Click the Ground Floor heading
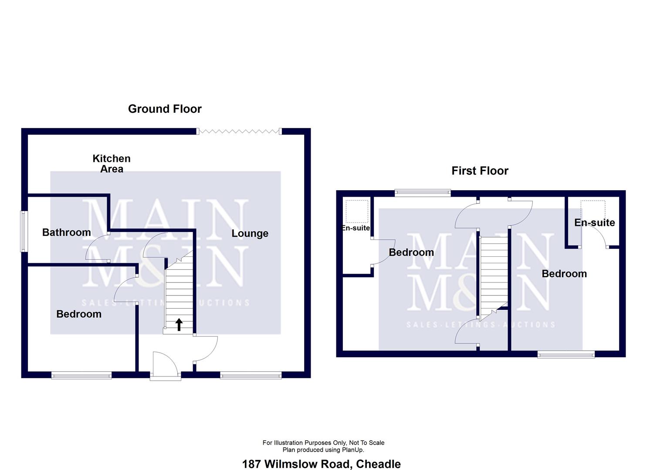pos(165,109)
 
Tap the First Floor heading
pos(480,171)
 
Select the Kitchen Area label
pos(112,164)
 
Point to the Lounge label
pos(250,233)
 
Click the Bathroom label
pos(67,232)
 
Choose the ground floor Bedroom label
pos(79,314)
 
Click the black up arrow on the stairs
pos(179,324)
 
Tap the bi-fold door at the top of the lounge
pos(239,131)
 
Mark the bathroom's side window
pos(24,231)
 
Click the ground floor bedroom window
pos(81,375)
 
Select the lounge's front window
pos(251,375)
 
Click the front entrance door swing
pos(165,365)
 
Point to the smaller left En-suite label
pos(356,228)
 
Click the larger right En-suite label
pos(594,222)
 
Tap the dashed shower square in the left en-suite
pos(357,211)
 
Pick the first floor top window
pos(423,193)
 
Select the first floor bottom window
pos(566,355)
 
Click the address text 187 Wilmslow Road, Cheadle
pos(321,464)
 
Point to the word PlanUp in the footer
pos(352,450)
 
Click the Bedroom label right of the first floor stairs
pos(564,273)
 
